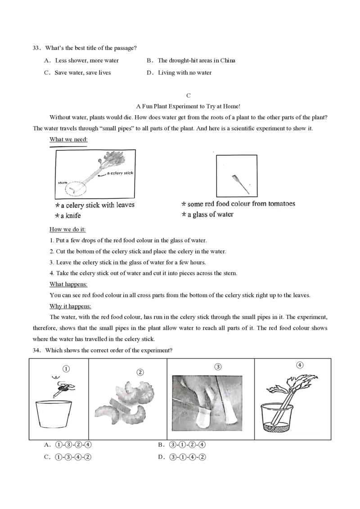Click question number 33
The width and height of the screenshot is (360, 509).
[x=36, y=48]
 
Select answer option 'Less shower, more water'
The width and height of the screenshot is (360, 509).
[x=87, y=60]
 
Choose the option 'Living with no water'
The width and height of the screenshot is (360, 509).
[x=184, y=73]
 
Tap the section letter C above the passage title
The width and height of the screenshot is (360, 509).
[x=189, y=95]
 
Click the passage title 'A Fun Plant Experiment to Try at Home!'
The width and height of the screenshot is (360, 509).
[x=188, y=106]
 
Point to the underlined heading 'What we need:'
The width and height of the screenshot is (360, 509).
[x=68, y=139]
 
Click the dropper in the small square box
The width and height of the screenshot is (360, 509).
[x=241, y=184]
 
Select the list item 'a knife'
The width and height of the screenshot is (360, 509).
[x=71, y=216]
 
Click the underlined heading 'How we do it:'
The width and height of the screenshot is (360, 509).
[x=67, y=229]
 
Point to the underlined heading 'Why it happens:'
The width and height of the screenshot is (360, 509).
[x=70, y=306]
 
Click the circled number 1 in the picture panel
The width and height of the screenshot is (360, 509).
[x=66, y=369]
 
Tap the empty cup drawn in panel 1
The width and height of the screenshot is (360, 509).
[x=54, y=415]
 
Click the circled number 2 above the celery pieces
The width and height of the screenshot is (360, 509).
[x=140, y=372]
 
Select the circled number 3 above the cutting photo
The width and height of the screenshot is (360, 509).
[x=218, y=367]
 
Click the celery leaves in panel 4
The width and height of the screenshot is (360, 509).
[x=292, y=383]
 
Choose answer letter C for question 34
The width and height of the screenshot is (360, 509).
[x=47, y=457]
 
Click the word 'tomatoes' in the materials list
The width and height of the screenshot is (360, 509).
[x=282, y=204]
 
